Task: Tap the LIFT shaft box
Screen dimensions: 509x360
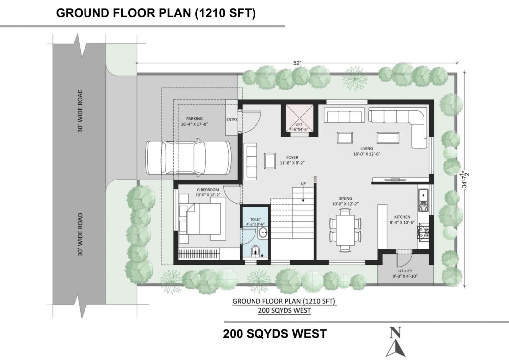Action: (x=299, y=118)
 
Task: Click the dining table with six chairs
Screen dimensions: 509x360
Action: (x=345, y=230)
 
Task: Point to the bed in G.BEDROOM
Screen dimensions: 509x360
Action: (x=203, y=219)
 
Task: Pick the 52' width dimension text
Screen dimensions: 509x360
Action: (x=297, y=63)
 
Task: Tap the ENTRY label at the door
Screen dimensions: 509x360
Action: (x=232, y=120)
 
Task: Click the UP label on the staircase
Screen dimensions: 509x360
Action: (x=303, y=184)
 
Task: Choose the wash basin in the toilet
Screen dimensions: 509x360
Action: (x=263, y=233)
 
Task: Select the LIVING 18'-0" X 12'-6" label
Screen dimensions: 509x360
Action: (x=366, y=151)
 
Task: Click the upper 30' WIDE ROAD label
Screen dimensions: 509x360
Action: (x=80, y=111)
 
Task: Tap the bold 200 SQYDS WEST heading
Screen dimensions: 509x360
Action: (x=274, y=334)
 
